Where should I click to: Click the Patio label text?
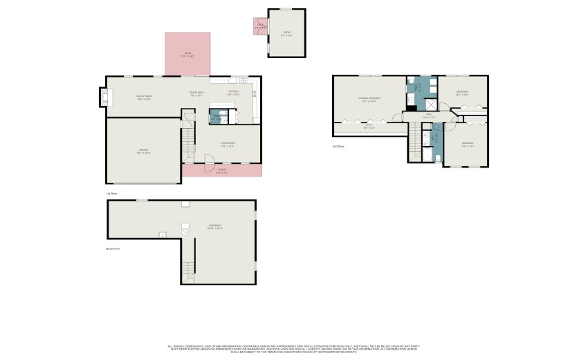187,55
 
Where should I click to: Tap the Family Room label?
143,98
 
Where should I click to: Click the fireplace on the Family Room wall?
105,98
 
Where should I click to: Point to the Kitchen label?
235,92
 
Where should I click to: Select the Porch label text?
222,170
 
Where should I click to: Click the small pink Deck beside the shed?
261,26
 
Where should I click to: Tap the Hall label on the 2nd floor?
428,116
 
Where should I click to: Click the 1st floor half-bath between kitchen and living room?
216,117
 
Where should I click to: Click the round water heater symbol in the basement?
185,233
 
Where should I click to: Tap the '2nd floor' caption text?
339,147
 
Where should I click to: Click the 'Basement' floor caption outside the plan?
113,249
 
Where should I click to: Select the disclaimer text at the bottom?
293,349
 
